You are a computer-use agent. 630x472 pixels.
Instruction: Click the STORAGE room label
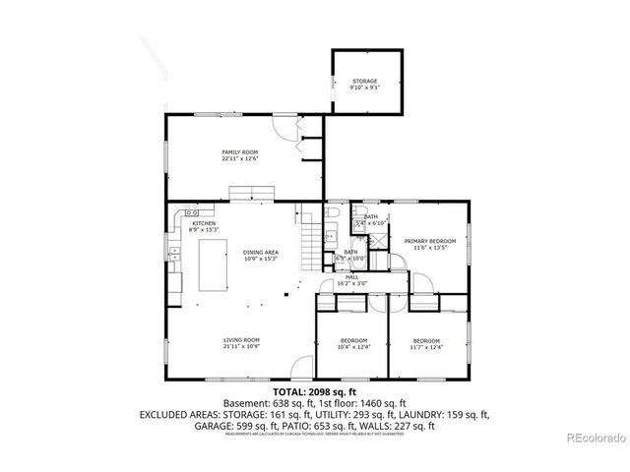365,81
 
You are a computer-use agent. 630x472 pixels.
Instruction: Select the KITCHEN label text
204,223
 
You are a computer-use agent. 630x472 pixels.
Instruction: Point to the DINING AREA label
261,253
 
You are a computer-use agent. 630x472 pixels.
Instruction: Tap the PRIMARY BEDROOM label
429,241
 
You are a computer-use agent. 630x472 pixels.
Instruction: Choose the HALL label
351,277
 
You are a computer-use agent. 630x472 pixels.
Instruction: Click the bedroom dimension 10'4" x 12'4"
351,346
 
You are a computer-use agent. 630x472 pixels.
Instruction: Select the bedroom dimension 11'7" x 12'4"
426,346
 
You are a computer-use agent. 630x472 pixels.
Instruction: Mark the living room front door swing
296,373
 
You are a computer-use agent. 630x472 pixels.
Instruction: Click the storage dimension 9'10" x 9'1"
365,88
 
